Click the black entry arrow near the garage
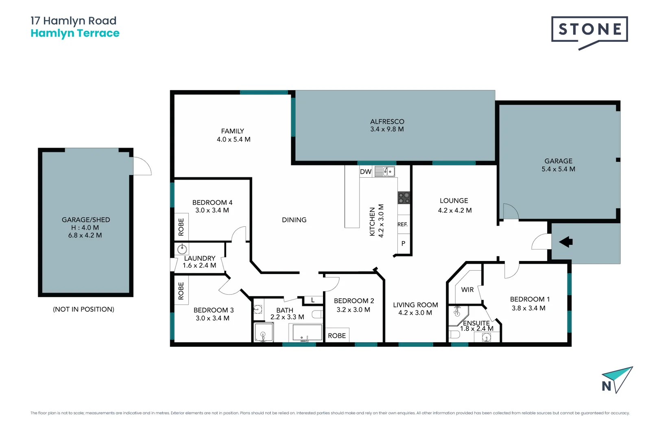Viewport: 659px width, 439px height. coord(566,242)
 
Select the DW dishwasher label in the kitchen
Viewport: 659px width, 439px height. coord(365,172)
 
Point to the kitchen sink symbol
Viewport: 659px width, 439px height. coord(384,172)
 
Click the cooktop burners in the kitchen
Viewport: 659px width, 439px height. coord(404,198)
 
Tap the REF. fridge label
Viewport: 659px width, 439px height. coord(402,224)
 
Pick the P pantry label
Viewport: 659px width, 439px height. coord(403,243)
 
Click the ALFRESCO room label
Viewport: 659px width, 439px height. coord(387,122)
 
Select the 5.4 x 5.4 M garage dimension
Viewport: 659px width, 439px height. coord(558,169)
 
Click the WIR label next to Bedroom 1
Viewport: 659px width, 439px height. coord(467,290)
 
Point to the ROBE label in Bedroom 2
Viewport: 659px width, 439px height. coord(337,336)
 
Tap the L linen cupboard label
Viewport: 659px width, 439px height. coord(312,300)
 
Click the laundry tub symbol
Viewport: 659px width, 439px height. coord(182,249)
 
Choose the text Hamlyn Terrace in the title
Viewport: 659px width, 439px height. coord(75,33)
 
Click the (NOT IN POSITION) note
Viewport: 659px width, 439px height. coord(83,309)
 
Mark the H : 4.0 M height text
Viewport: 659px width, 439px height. coord(85,228)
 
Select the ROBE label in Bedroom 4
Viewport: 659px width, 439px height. coord(181,227)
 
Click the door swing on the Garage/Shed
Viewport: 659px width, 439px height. coord(142,166)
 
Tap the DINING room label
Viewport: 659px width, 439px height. coord(294,220)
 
